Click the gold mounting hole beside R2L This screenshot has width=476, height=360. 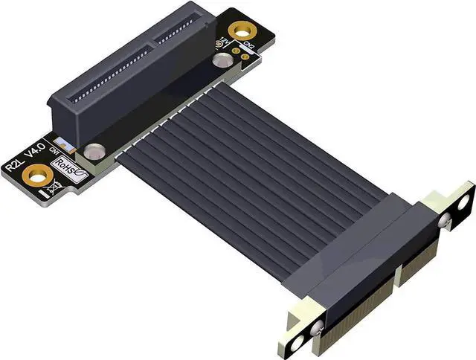point(34,176)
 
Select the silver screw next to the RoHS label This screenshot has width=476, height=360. point(92,152)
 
